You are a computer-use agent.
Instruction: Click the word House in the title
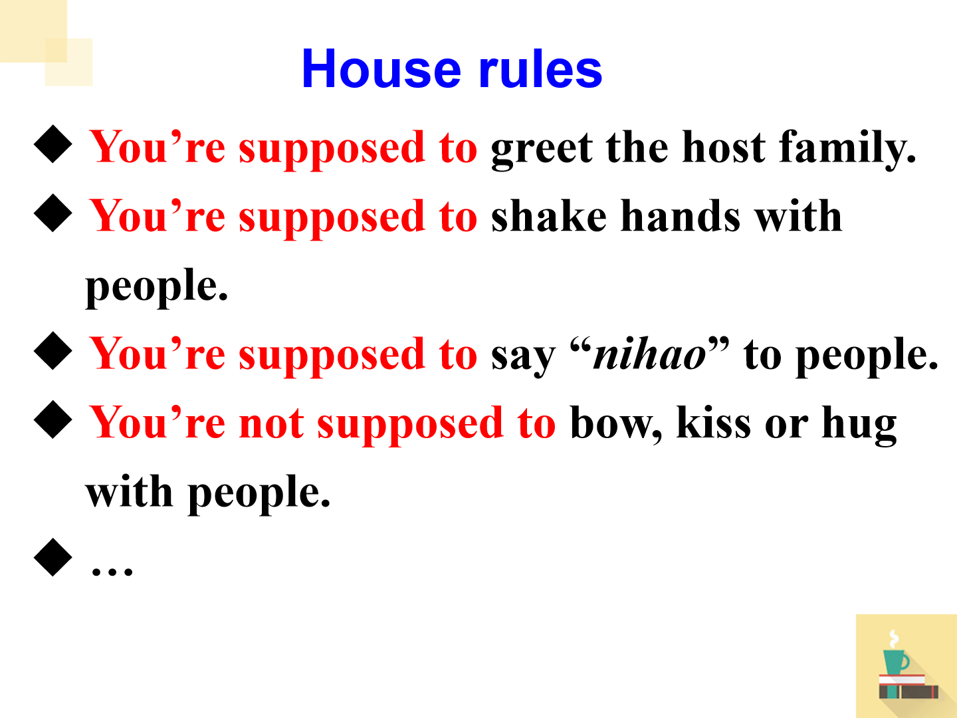pyautogui.click(x=381, y=69)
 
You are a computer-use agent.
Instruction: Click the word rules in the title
pyautogui.click(x=540, y=69)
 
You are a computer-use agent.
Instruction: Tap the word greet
pyautogui.click(x=542, y=150)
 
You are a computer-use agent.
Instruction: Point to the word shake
pyautogui.click(x=548, y=215)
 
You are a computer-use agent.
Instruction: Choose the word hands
pyautogui.click(x=680, y=215)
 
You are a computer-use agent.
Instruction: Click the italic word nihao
pyautogui.click(x=649, y=354)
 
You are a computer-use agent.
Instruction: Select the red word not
pyautogui.click(x=271, y=423)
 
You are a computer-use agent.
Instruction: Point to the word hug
pyautogui.click(x=859, y=425)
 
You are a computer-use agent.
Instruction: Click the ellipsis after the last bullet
pyautogui.click(x=112, y=571)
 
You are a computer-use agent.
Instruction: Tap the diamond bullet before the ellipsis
pyautogui.click(x=53, y=557)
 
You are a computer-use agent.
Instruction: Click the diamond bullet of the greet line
pyautogui.click(x=53, y=144)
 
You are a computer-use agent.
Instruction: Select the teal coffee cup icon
pyautogui.click(x=895, y=661)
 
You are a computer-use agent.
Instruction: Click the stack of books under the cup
pyautogui.click(x=908, y=687)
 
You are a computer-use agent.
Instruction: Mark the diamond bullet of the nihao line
pyautogui.click(x=53, y=351)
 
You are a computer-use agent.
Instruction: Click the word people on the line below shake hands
pyautogui.click(x=157, y=288)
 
